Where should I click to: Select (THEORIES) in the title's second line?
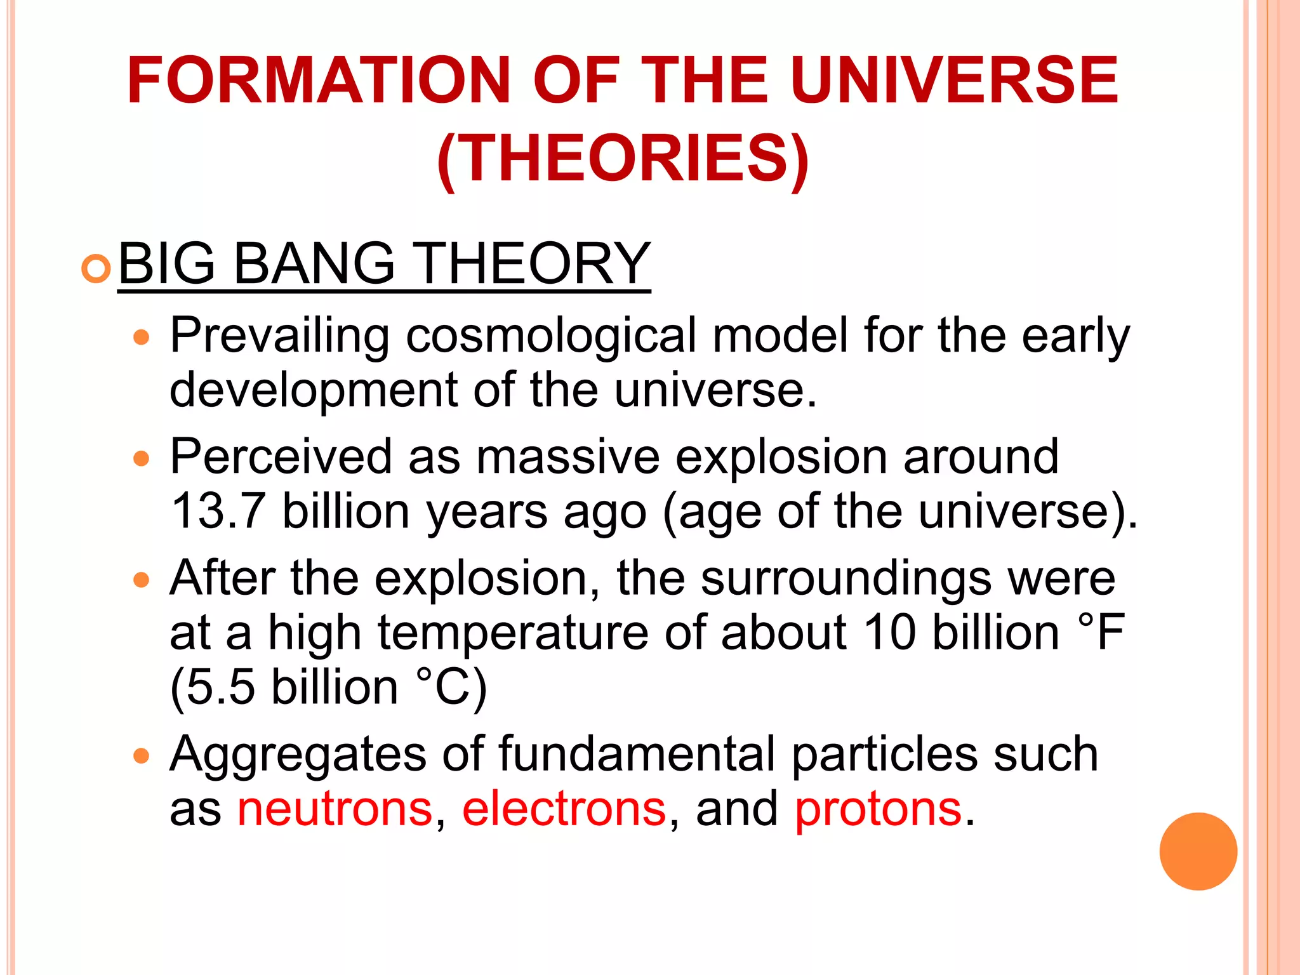(x=623, y=159)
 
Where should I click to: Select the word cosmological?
(x=551, y=336)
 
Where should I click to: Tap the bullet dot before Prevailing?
(x=141, y=337)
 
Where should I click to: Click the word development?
(x=314, y=390)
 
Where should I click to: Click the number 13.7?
(x=218, y=512)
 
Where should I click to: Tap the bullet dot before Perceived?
(x=141, y=458)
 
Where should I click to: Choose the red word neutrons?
(x=335, y=809)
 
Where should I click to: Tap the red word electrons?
(x=564, y=809)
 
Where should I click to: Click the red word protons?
(x=878, y=811)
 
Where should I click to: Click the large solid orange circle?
(x=1198, y=851)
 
